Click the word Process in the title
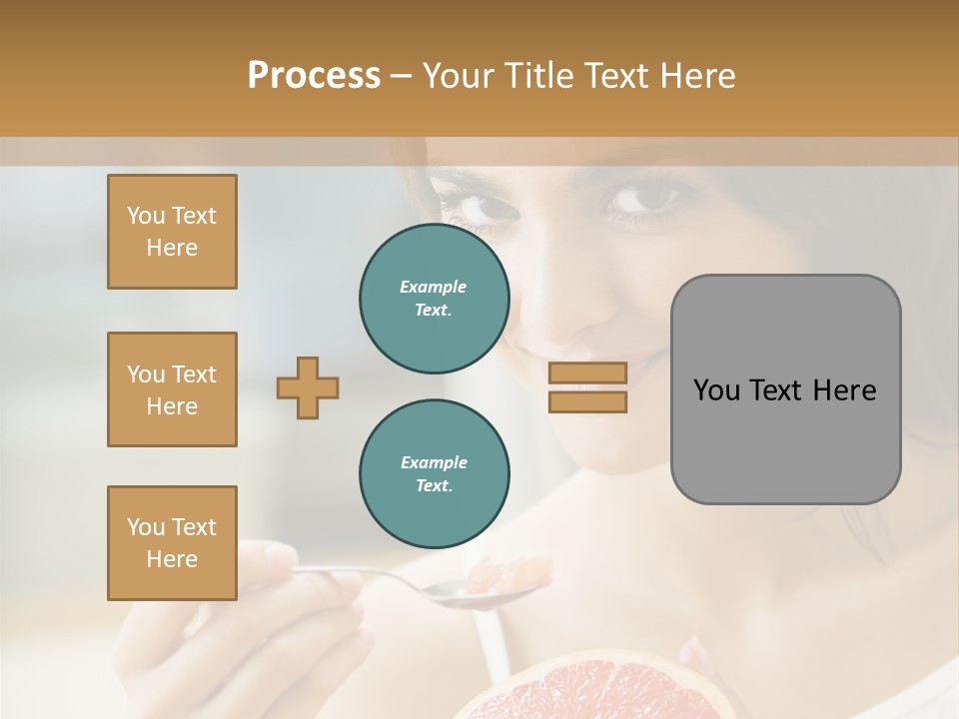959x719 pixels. tap(314, 76)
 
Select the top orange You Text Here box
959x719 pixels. tap(172, 232)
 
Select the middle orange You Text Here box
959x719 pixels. tap(172, 389)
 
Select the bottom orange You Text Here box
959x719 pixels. tap(172, 543)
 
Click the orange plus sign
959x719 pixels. tap(308, 387)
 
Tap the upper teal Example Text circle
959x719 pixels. tap(434, 299)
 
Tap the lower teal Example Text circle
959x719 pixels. tap(434, 474)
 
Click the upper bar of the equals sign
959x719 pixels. tap(587, 372)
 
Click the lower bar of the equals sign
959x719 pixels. tap(587, 401)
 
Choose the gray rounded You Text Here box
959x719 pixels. tap(785, 389)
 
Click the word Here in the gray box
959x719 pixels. tap(844, 390)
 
